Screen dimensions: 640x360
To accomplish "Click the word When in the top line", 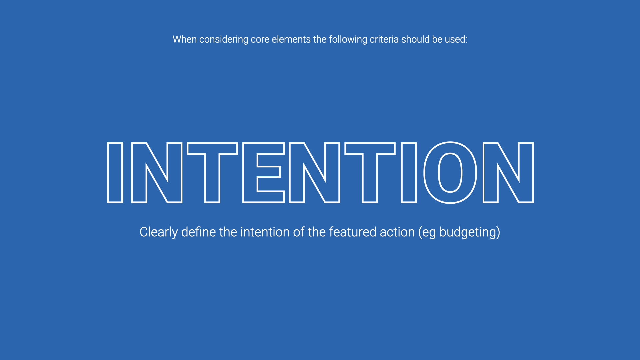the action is click(184, 39).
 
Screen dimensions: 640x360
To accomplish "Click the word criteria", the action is click(384, 39).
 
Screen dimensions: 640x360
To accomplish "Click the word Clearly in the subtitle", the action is click(159, 232).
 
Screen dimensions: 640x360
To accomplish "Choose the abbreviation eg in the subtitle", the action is click(429, 233).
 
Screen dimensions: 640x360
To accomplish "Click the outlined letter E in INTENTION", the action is click(263, 173).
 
